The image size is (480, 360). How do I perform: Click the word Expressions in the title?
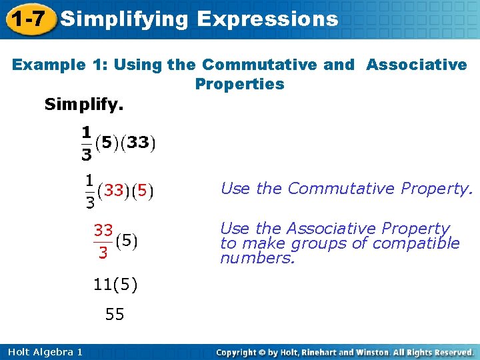pyautogui.click(x=268, y=19)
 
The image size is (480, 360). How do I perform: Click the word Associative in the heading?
pyautogui.click(x=417, y=65)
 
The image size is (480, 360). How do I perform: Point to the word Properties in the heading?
pyautogui.click(x=239, y=84)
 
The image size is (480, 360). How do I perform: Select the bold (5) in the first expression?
pyautogui.click(x=107, y=142)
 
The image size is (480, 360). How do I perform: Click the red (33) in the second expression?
pyautogui.click(x=113, y=191)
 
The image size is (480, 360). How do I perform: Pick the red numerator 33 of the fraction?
pyautogui.click(x=103, y=230)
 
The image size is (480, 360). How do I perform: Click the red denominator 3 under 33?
pyautogui.click(x=103, y=253)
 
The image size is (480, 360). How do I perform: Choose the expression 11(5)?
pyautogui.click(x=115, y=285)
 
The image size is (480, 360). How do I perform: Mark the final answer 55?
pyautogui.click(x=115, y=314)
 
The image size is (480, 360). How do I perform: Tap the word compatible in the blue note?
pyautogui.click(x=416, y=243)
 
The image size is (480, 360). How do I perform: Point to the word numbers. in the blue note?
pyautogui.click(x=257, y=257)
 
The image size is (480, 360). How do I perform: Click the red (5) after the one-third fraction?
pyautogui.click(x=141, y=191)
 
